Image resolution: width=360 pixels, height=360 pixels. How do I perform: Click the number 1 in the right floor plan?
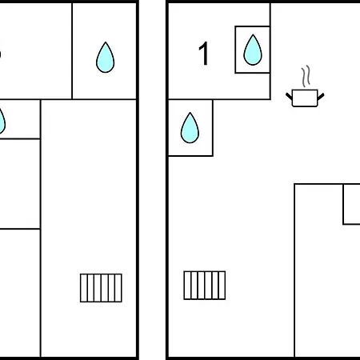click(204, 54)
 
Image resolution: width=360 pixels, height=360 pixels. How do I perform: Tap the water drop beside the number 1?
click(253, 50)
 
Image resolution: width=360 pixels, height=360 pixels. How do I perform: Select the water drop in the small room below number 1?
click(190, 128)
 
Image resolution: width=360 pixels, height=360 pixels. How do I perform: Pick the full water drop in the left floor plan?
click(105, 58)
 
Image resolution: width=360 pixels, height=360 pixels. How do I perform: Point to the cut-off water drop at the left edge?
click(2, 122)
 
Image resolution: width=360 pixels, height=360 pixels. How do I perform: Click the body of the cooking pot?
click(305, 98)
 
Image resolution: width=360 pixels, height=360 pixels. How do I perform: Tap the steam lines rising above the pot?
click(306, 76)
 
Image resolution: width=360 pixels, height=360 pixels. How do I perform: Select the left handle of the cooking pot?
click(289, 96)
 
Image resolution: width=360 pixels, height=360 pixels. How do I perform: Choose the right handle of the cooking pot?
click(321, 97)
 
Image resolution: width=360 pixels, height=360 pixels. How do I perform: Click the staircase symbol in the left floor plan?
click(101, 288)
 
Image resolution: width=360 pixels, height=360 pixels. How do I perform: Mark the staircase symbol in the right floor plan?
click(205, 286)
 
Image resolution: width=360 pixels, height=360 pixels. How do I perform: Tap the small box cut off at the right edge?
click(351, 204)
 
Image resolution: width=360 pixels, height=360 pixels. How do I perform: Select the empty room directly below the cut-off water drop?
click(20, 184)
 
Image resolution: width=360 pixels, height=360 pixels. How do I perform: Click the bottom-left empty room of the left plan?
click(20, 293)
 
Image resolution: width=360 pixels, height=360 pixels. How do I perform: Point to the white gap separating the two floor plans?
click(152, 180)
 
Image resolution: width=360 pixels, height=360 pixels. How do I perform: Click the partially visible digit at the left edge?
click(1, 54)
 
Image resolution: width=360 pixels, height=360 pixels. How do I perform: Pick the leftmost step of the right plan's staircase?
click(187, 286)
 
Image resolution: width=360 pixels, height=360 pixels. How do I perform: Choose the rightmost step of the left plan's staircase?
click(118, 288)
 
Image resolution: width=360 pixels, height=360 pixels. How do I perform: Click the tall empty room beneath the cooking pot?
click(327, 270)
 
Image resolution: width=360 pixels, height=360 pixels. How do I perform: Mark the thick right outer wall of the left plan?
click(138, 180)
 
